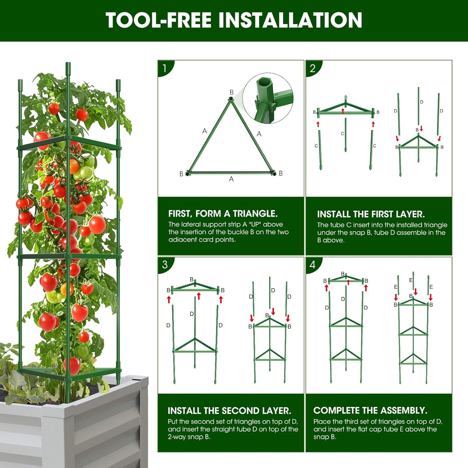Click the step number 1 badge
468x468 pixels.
coord(164,68)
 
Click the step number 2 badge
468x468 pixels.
coord(312,68)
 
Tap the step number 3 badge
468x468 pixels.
coord(165,265)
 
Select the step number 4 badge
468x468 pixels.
coord(312,265)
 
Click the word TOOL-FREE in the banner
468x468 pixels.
coord(158,20)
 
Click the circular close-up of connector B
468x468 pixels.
coord(268,98)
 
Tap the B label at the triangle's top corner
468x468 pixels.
coord(232,92)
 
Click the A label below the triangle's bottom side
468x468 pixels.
coord(231,179)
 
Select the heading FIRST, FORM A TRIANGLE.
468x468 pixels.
coord(223,214)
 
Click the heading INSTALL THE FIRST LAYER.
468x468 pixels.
coord(371,214)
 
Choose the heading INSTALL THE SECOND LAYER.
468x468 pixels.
coord(229,411)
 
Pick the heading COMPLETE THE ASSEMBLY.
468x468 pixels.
coord(370,410)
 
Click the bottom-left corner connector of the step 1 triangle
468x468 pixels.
coord(188,173)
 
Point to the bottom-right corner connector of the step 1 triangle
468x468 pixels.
coord(274,173)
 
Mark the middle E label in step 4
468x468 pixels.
coord(411,280)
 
